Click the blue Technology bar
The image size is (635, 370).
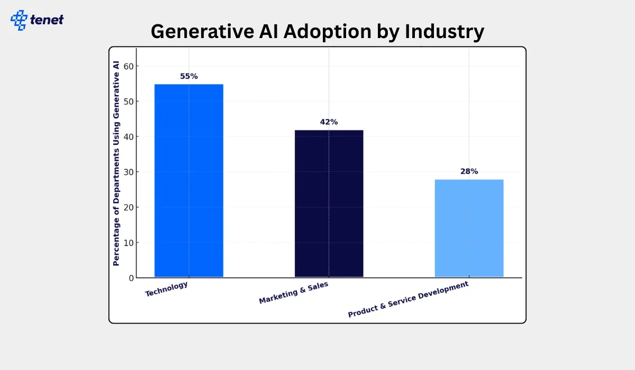point(188,180)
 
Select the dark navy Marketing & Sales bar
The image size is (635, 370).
point(329,203)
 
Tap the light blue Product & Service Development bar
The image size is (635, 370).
point(469,228)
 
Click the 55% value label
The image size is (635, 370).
point(188,76)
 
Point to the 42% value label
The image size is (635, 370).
point(329,122)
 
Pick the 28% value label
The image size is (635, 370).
point(469,171)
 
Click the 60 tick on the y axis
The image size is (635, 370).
point(128,66)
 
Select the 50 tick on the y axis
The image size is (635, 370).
point(128,101)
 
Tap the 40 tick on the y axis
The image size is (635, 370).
point(128,136)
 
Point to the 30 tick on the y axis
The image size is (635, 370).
point(128,172)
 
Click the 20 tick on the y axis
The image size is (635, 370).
point(128,207)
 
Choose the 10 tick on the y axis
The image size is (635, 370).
point(128,243)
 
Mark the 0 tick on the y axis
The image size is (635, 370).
point(130,278)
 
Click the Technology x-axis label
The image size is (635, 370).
point(166,289)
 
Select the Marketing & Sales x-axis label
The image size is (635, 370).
point(293,293)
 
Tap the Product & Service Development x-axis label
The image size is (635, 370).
point(408,299)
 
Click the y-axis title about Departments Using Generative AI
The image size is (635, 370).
point(116,163)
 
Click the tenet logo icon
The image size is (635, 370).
point(19,20)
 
